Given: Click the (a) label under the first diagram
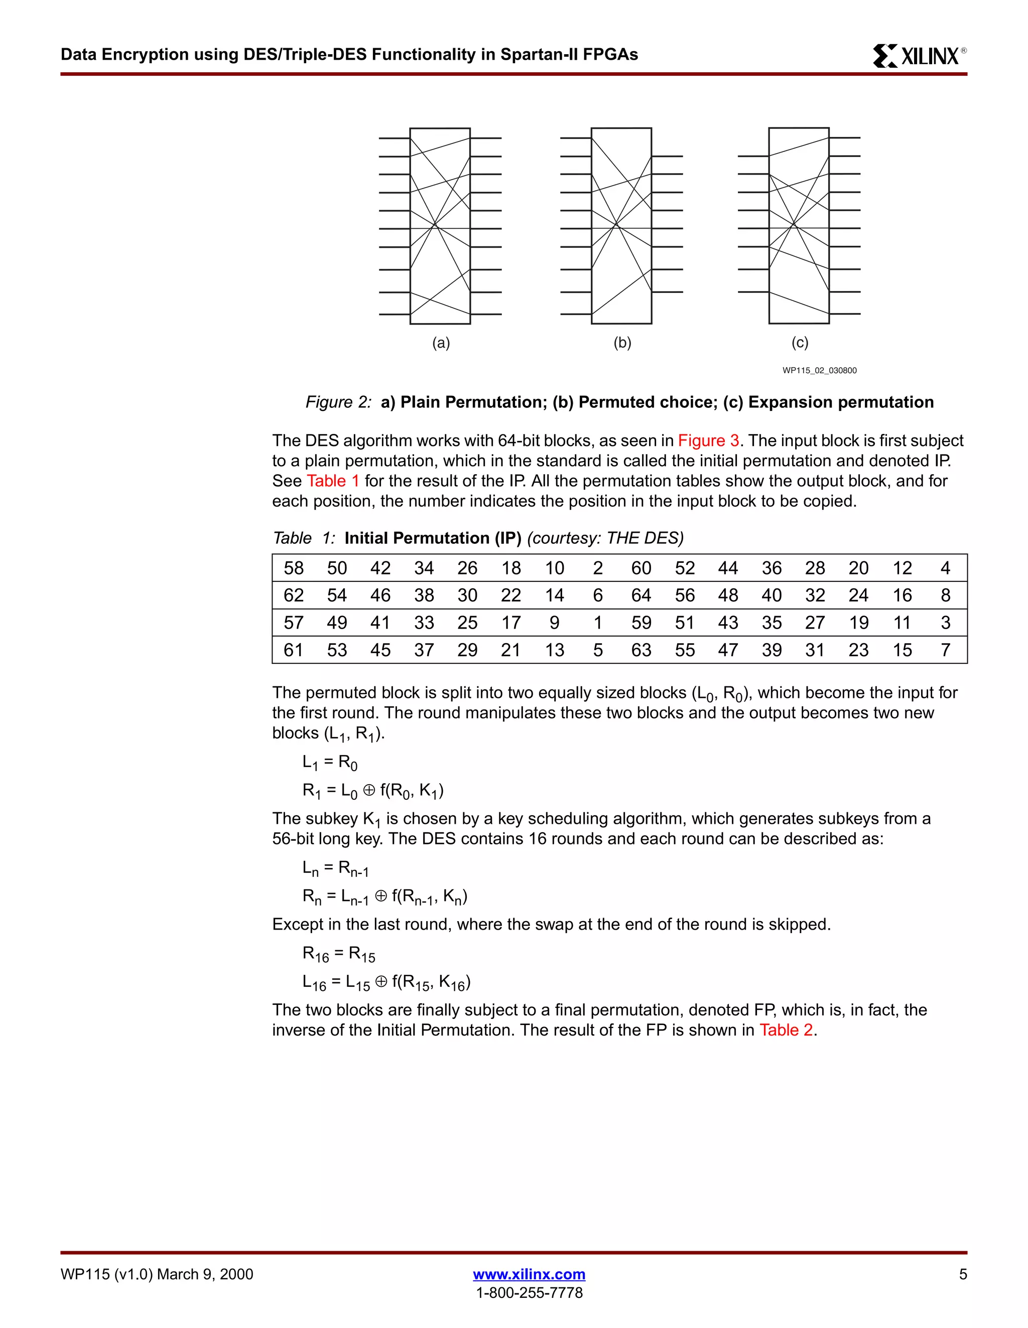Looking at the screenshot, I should [x=441, y=343].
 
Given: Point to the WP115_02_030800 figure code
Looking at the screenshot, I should [x=819, y=370].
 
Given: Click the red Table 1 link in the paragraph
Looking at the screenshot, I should [x=333, y=481].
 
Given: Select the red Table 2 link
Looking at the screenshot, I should [x=786, y=1030].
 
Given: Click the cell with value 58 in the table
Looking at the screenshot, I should [x=293, y=568].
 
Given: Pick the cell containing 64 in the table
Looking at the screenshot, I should [x=641, y=596].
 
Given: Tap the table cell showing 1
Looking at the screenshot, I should [x=598, y=623].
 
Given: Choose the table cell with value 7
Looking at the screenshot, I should [x=945, y=650].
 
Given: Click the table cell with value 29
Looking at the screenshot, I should [x=467, y=650].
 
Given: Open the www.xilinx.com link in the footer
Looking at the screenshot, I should [x=529, y=1274].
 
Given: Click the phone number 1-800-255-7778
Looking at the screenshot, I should [x=529, y=1293].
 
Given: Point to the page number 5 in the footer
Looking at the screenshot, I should [x=962, y=1274].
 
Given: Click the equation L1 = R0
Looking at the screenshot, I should [x=330, y=763].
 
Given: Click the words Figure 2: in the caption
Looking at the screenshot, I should [x=338, y=402].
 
